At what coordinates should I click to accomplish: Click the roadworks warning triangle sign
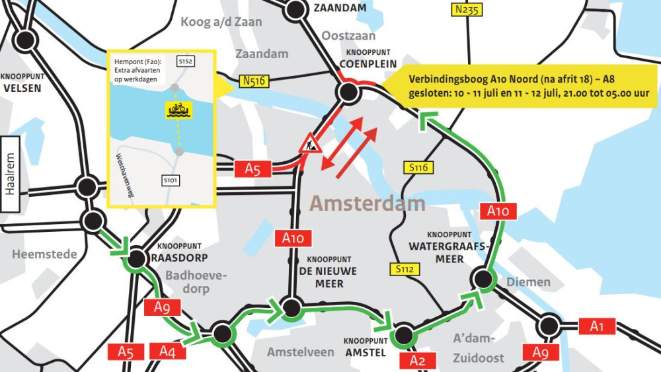(x=309, y=143)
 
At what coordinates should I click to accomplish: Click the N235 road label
(x=468, y=9)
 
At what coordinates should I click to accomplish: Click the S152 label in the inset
(x=186, y=61)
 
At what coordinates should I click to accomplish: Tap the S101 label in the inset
(x=170, y=180)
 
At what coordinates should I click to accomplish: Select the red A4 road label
(x=168, y=352)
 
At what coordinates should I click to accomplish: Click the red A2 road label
(x=418, y=360)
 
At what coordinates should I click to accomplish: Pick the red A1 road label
(x=597, y=326)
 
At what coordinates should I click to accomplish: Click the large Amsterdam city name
(x=368, y=204)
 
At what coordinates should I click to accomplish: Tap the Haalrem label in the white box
(x=10, y=174)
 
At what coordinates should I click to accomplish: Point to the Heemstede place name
(x=44, y=254)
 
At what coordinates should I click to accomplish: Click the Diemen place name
(x=528, y=282)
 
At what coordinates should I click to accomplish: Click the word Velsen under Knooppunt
(x=22, y=88)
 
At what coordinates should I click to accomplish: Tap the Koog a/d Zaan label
(x=221, y=22)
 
